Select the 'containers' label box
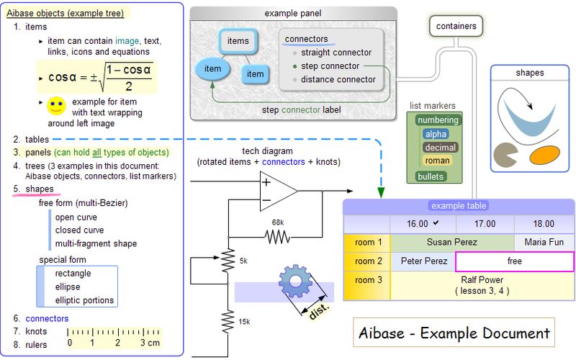tap(456, 26)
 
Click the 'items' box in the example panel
tap(238, 42)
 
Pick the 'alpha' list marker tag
tap(436, 134)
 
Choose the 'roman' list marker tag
tap(437, 161)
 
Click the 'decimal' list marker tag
tap(440, 148)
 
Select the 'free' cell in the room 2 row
tap(514, 261)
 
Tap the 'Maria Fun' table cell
tap(544, 243)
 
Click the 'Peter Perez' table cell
tap(423, 261)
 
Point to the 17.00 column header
tap(485, 224)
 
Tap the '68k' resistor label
tap(277, 222)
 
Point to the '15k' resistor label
tap(244, 321)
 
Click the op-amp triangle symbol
tap(277, 191)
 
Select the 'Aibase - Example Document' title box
tap(456, 333)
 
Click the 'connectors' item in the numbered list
tap(47, 318)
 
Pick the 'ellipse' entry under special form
tap(69, 287)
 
